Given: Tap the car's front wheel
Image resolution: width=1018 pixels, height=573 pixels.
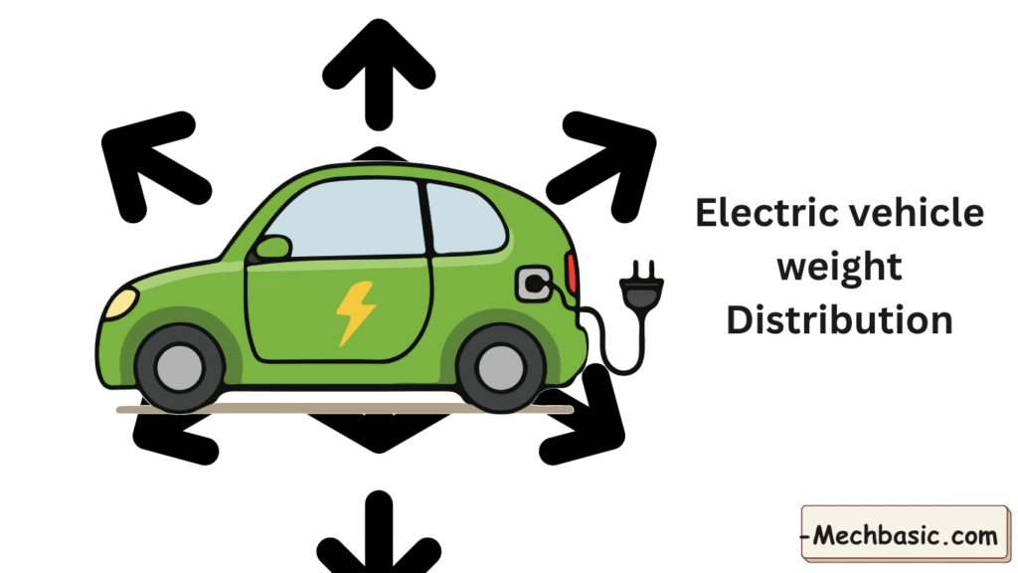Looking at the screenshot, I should [x=180, y=367].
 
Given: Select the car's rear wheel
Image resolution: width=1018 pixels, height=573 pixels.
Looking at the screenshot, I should [x=501, y=367].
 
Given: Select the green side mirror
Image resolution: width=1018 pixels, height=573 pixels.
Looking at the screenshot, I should [x=272, y=247].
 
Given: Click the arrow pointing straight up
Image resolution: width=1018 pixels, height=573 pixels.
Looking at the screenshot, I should [x=378, y=70].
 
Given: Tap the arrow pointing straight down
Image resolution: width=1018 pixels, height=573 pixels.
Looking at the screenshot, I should [x=378, y=532].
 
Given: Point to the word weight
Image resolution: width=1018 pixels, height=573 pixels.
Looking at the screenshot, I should [x=840, y=268].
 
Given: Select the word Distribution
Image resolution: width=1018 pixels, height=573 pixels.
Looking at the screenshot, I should [x=840, y=320].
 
